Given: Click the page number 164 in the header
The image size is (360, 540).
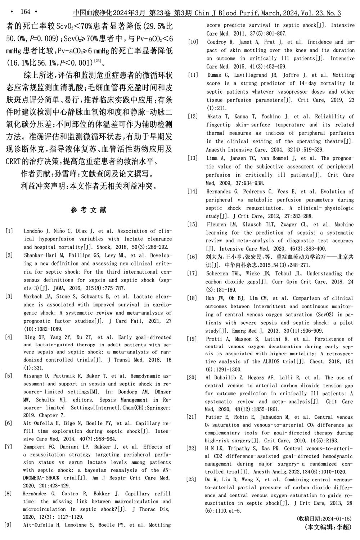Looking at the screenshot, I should (26, 12).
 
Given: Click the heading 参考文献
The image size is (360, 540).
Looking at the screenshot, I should (89, 210).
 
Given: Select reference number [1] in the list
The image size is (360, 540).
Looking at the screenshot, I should (9, 231).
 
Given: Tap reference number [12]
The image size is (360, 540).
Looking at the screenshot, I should (193, 117).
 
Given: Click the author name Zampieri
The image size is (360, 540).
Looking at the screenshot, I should (36, 447).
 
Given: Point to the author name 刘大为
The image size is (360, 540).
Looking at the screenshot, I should (214, 257).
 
